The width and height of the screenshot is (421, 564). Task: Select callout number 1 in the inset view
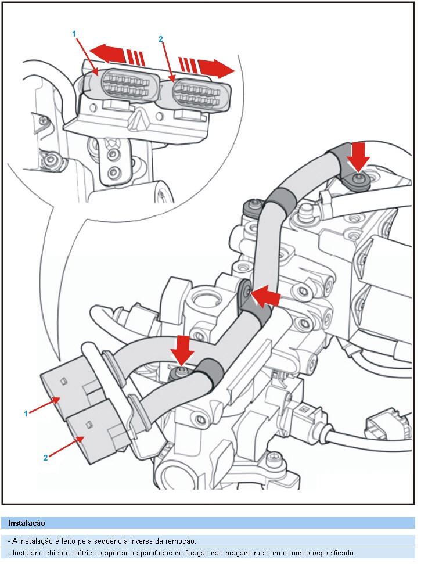pyautogui.click(x=74, y=34)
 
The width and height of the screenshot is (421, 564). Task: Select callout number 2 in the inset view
pyautogui.click(x=161, y=39)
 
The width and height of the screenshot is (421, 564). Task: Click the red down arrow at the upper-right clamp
pyautogui.click(x=360, y=154)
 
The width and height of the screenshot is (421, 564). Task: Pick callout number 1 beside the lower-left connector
pyautogui.click(x=26, y=413)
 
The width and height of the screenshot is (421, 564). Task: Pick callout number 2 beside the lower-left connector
pyautogui.click(x=45, y=457)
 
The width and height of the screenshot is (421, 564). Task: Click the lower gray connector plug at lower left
pyautogui.click(x=96, y=433)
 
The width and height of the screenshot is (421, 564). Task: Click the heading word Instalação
pyautogui.click(x=26, y=523)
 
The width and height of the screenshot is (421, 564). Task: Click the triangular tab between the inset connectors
pyautogui.click(x=137, y=119)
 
